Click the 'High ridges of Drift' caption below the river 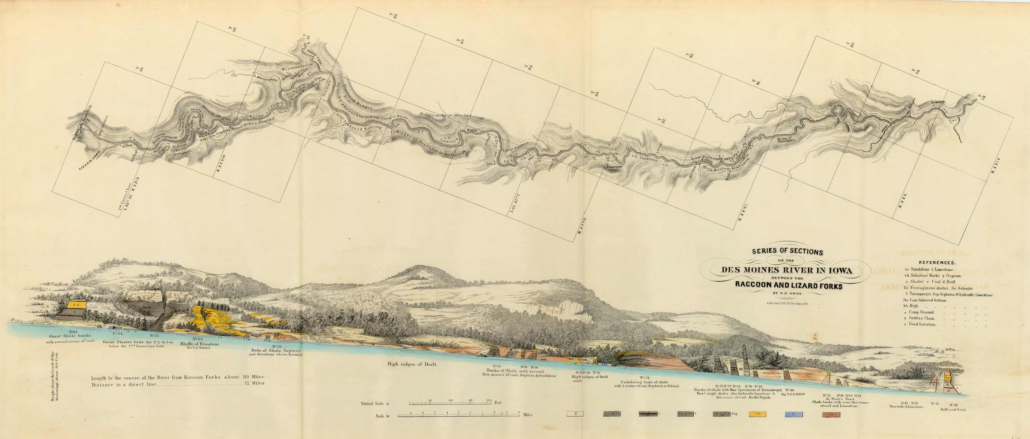click(411, 364)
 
